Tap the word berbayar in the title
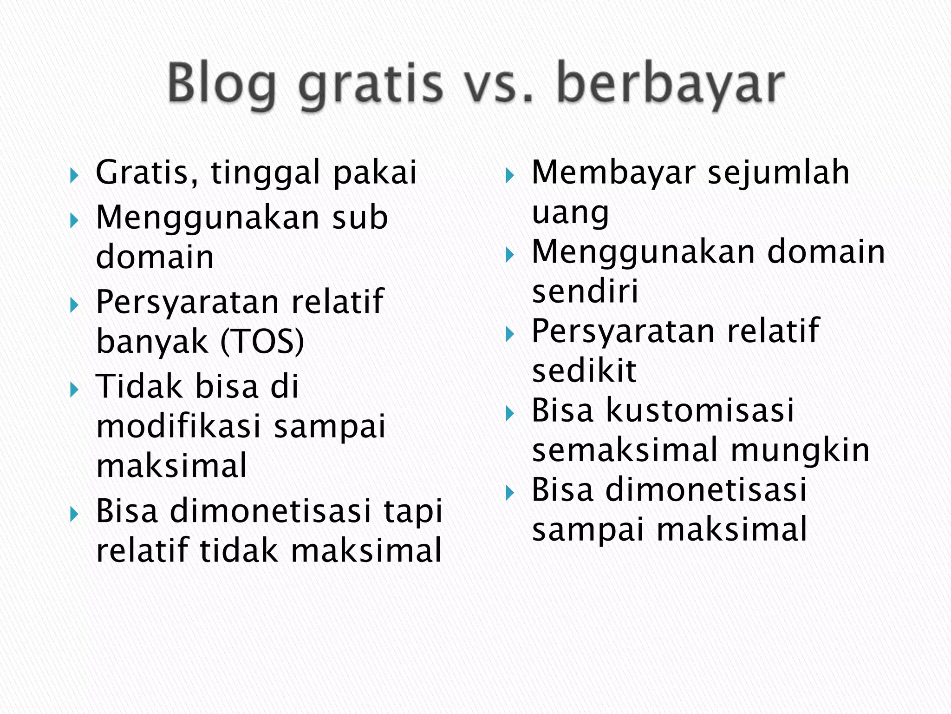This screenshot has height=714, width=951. click(x=671, y=84)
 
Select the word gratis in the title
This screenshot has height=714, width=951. click(x=371, y=84)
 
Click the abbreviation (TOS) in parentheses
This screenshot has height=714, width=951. click(x=262, y=342)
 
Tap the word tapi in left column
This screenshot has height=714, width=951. click(x=413, y=511)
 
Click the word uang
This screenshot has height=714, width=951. click(x=570, y=213)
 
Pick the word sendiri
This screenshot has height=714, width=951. click(x=585, y=291)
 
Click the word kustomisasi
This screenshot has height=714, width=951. click(x=700, y=410)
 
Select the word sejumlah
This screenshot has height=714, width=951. click(x=778, y=173)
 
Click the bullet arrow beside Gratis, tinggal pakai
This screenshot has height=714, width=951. click(x=74, y=176)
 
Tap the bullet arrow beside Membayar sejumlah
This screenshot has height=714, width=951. click(x=510, y=176)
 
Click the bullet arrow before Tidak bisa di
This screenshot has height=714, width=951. click(x=74, y=390)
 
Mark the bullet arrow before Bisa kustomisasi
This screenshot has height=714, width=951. click(x=510, y=413)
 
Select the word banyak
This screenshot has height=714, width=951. click(x=152, y=342)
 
